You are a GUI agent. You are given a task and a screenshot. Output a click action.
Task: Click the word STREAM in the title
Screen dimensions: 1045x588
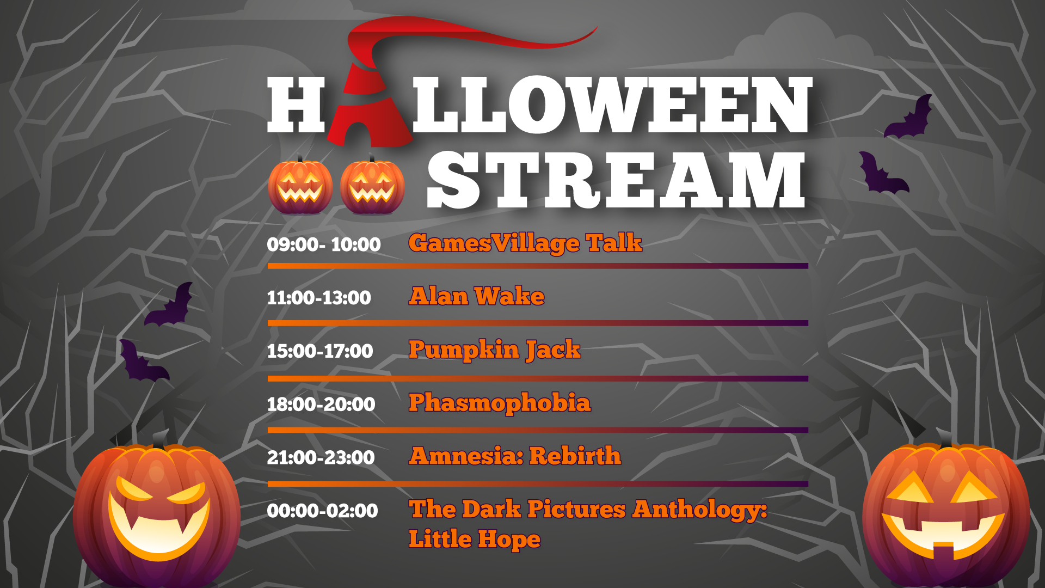tap(616, 180)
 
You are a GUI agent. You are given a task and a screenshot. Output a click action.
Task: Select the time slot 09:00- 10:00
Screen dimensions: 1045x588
tap(324, 244)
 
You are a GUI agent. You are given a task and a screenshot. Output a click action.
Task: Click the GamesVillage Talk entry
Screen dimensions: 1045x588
tap(525, 243)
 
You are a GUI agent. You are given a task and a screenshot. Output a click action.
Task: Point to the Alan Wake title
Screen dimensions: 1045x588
tap(477, 296)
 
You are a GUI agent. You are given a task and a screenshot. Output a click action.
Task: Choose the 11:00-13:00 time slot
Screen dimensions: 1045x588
tap(319, 298)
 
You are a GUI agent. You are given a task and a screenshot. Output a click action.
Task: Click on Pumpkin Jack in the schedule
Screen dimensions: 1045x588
tap(495, 350)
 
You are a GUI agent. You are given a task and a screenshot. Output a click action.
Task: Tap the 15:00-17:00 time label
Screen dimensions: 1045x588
tap(320, 351)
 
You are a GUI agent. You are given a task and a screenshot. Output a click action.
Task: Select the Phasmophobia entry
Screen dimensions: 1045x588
tap(500, 403)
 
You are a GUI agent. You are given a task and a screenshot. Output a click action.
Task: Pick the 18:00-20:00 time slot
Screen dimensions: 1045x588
tap(321, 405)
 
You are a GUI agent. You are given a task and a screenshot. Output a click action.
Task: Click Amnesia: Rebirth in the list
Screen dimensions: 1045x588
tap(515, 456)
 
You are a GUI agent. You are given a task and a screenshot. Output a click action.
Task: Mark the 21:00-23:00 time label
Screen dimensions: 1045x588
tap(321, 457)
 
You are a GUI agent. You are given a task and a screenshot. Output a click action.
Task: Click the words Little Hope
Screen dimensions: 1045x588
tap(475, 539)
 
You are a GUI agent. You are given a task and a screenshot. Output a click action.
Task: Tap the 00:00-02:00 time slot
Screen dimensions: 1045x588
tap(322, 511)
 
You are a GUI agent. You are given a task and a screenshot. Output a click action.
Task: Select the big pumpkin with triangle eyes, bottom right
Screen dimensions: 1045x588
tap(946, 512)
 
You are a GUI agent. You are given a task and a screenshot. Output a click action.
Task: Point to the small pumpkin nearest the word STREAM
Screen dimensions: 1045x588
tap(372, 185)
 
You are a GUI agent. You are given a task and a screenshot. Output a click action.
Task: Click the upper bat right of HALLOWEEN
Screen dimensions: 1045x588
tap(908, 117)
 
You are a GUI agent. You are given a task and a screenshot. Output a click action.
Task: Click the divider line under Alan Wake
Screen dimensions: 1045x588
tap(538, 323)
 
